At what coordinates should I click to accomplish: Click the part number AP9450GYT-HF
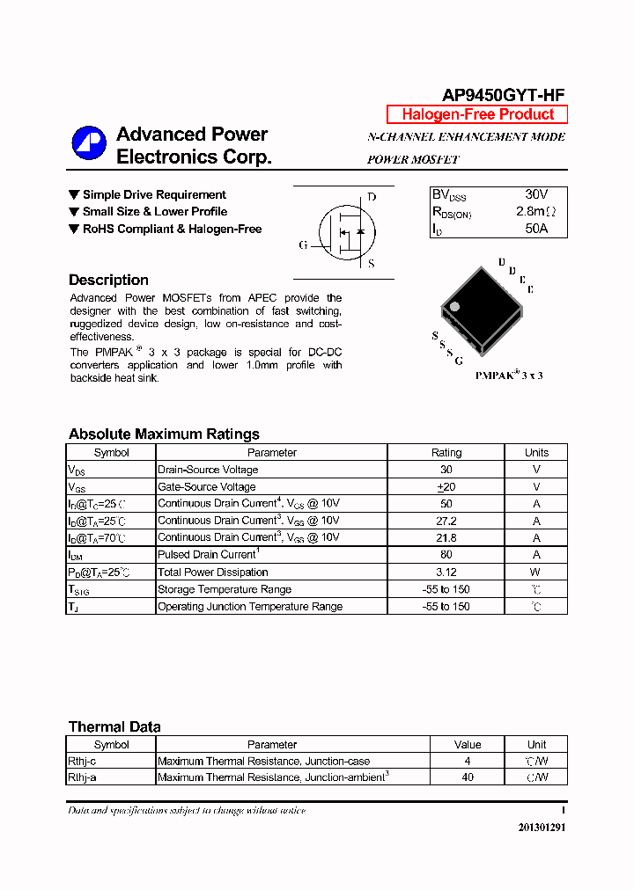pos(504,96)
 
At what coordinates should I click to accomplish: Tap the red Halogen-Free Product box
pos(477,114)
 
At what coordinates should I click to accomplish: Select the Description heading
pos(108,280)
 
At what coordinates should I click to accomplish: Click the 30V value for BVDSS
pos(536,194)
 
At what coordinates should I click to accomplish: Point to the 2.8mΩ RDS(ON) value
pos(536,212)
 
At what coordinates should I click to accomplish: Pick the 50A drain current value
pos(536,229)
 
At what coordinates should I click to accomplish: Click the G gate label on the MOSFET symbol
pos(303,245)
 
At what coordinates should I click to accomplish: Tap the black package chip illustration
pos(481,307)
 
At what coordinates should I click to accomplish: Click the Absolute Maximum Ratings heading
pos(164,434)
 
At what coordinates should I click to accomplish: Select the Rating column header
pos(446,453)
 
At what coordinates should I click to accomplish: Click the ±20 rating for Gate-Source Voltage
pos(446,486)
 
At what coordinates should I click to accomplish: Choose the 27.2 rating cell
pos(446,521)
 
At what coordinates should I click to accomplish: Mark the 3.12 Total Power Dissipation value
pos(446,573)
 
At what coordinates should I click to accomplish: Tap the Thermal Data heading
pos(114,726)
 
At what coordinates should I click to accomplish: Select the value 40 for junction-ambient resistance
pos(468,777)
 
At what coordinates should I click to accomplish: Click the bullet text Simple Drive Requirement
pos(154,194)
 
